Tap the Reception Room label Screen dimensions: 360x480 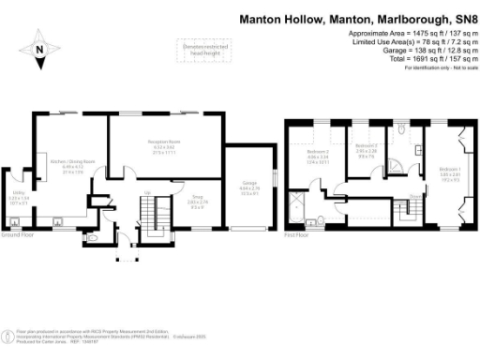(x=163, y=142)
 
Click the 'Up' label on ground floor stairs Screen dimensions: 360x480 (x=147, y=195)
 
